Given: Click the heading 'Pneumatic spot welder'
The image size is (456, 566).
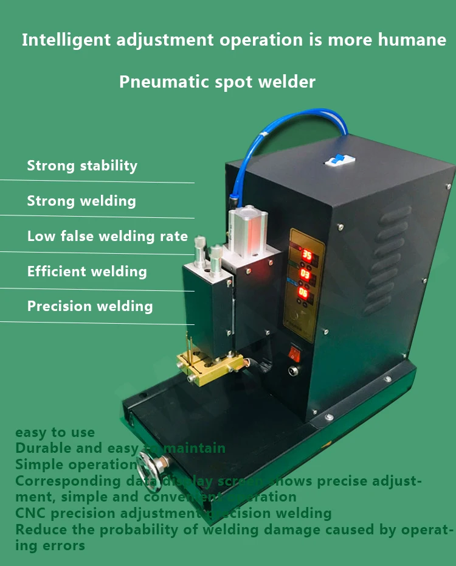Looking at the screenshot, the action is pyautogui.click(x=217, y=82).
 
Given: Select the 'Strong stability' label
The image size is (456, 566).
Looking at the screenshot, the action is pyautogui.click(x=82, y=166).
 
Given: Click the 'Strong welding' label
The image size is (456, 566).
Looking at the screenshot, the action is pyautogui.click(x=81, y=201).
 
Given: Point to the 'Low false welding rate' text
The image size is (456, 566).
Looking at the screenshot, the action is pyautogui.click(x=108, y=236).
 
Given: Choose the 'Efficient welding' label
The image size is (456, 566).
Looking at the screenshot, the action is pyautogui.click(x=87, y=271).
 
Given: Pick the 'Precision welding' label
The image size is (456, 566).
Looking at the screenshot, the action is pyautogui.click(x=90, y=306).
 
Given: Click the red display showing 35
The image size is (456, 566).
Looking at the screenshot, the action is pyautogui.click(x=307, y=254).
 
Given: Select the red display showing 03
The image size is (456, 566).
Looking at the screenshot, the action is pyautogui.click(x=304, y=275).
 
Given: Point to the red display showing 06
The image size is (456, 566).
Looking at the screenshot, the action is pyautogui.click(x=302, y=293).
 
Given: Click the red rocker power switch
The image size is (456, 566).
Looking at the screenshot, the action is pyautogui.click(x=295, y=352).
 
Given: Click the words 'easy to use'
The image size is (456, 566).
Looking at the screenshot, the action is pyautogui.click(x=55, y=433).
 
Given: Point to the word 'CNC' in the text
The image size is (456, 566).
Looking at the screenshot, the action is pyautogui.click(x=29, y=513).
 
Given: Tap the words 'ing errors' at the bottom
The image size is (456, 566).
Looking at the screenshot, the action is pyautogui.click(x=50, y=545).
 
